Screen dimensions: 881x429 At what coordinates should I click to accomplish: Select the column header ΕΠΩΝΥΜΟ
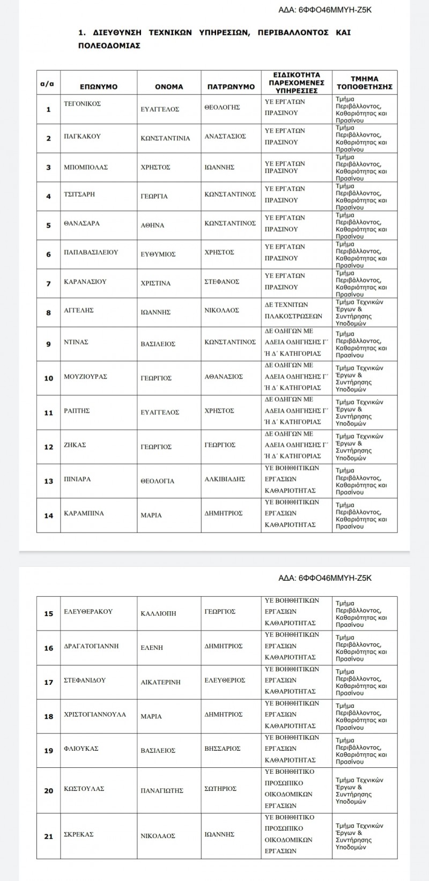point(99,86)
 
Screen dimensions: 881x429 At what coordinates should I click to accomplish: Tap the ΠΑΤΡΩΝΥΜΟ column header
point(231,86)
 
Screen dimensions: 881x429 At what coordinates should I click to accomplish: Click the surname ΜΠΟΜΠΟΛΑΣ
point(86,167)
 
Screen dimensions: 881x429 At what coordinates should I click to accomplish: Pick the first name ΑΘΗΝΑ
point(152,225)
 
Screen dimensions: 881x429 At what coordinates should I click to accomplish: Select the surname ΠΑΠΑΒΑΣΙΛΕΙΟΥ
point(91,251)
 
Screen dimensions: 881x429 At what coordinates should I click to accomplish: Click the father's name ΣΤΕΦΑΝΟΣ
point(222,281)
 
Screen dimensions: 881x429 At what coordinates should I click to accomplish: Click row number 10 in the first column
point(48,378)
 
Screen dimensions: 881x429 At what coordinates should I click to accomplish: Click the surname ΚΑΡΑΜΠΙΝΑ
point(84,513)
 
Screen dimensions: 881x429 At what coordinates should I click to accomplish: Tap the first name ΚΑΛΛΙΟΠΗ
point(158,613)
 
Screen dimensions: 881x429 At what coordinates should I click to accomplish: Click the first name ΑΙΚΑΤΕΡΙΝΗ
point(160,682)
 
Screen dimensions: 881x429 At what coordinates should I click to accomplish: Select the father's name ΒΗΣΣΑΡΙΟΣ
point(223,748)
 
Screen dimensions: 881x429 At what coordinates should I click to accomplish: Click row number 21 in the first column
point(48,836)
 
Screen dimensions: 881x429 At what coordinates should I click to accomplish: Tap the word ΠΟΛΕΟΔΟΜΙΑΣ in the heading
point(109,46)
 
